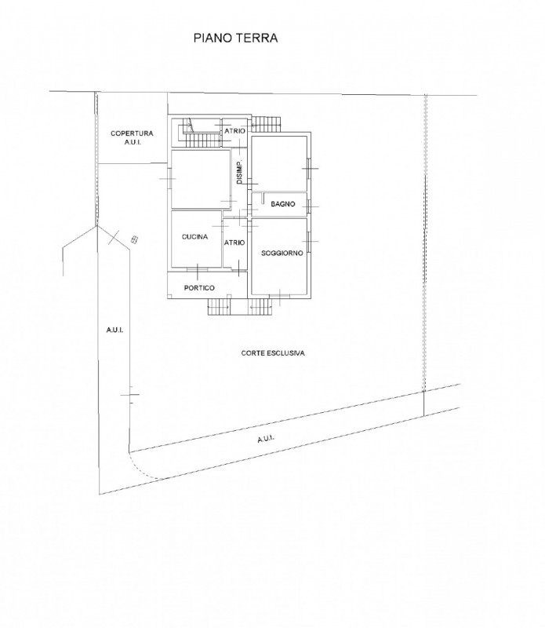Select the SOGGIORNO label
click(278, 252)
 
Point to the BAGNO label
click(282, 204)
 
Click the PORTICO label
click(199, 287)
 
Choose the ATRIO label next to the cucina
click(234, 243)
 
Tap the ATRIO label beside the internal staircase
click(234, 130)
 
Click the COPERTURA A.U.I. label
click(131, 138)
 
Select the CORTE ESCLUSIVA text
click(273, 354)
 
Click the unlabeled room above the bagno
click(278, 163)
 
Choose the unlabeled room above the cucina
click(196, 179)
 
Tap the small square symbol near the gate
click(134, 239)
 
